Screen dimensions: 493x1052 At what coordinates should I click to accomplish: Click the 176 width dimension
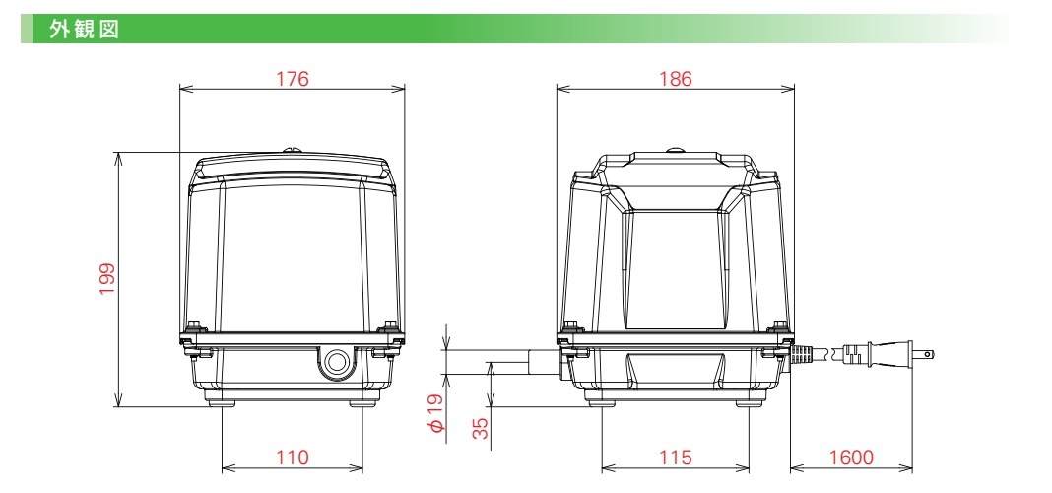click(293, 79)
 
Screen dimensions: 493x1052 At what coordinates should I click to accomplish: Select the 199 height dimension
click(107, 279)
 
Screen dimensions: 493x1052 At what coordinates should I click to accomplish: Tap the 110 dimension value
click(293, 458)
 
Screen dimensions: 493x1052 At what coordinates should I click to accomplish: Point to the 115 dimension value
click(677, 458)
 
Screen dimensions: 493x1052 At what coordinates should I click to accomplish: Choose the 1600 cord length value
click(851, 458)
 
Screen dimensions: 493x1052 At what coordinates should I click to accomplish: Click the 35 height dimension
click(481, 428)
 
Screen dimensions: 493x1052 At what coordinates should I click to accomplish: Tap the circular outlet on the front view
click(337, 362)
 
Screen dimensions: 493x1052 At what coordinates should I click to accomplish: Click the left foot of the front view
click(223, 400)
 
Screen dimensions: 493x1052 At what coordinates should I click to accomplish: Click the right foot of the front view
click(362, 400)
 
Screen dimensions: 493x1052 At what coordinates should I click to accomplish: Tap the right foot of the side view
click(752, 399)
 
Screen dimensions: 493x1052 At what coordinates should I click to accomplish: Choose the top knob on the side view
click(676, 150)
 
